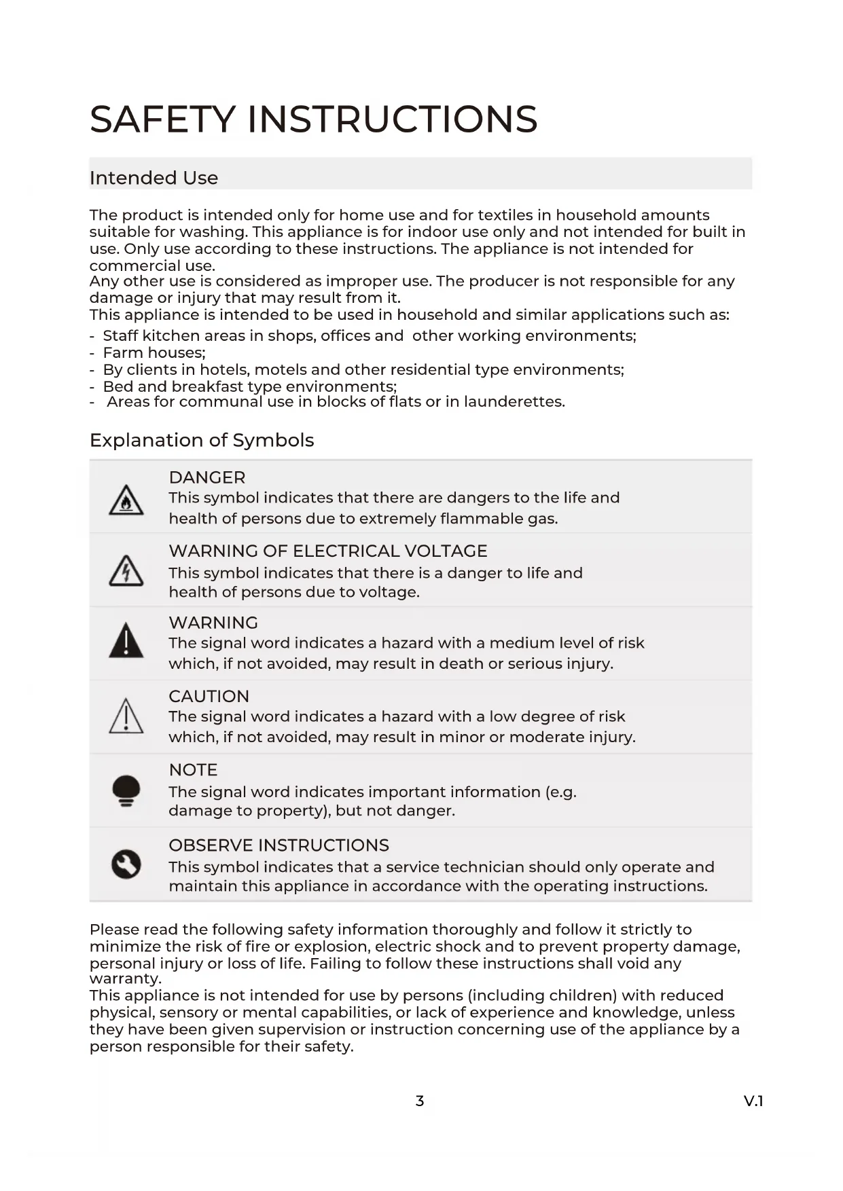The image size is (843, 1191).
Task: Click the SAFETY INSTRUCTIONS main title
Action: point(313,120)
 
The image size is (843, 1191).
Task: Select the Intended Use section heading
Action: point(154,178)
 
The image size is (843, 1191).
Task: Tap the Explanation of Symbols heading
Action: point(202,440)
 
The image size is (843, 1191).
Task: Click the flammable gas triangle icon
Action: point(126,501)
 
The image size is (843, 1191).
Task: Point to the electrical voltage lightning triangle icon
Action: point(126,571)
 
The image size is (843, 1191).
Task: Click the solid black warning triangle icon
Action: point(126,642)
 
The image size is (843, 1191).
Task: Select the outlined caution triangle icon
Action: point(126,716)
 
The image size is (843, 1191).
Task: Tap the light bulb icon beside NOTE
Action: point(126,790)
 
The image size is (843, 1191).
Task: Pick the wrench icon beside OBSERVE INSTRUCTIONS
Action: point(126,864)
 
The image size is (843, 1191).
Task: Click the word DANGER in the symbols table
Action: point(207,477)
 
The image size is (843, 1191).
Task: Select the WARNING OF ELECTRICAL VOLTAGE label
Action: point(328,551)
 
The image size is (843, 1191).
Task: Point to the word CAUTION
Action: point(209,696)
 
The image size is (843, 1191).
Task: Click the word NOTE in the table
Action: point(193,770)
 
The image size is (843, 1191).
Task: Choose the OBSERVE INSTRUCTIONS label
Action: point(279,845)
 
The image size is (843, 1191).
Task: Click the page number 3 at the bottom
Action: point(420,1101)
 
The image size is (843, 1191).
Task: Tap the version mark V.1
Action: point(753,1101)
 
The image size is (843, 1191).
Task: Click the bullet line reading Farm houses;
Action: point(154,352)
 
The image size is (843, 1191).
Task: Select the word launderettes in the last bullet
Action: point(514,402)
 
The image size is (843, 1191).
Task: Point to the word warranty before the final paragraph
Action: point(125,979)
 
